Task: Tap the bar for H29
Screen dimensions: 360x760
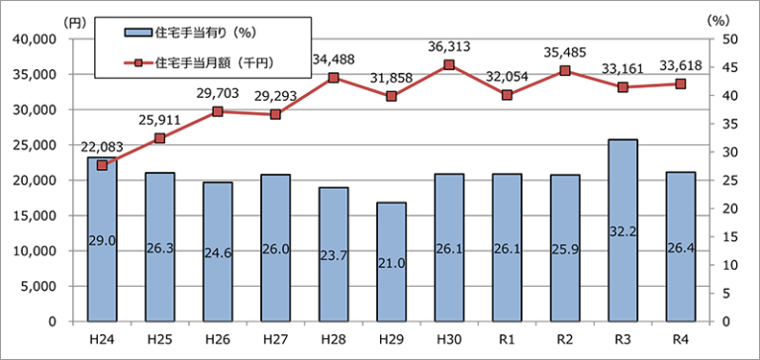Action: coord(392,262)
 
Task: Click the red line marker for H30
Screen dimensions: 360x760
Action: coord(449,65)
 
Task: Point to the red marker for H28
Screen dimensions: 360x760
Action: coord(333,78)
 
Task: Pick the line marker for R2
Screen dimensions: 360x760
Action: coord(565,71)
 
